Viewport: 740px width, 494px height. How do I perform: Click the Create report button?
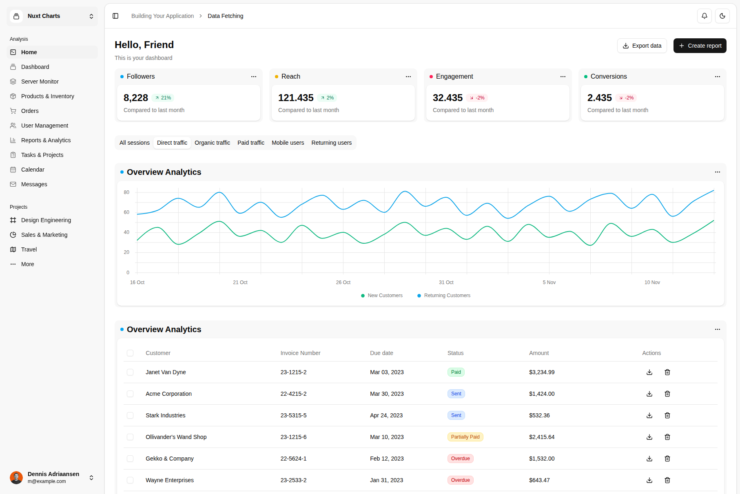(700, 46)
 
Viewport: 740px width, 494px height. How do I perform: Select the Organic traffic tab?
(212, 143)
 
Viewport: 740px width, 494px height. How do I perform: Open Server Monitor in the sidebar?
(40, 82)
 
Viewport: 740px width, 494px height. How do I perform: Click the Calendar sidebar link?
(33, 170)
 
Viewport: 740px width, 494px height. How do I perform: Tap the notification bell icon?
(704, 16)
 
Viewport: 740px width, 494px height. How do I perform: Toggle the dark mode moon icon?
(722, 16)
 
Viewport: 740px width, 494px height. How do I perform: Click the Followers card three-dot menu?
(254, 77)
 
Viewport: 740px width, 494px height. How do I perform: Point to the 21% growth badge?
(163, 98)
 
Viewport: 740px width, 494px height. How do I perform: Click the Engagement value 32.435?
(448, 98)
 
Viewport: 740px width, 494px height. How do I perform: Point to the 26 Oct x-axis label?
(343, 282)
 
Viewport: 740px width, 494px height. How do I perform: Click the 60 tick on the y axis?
(126, 212)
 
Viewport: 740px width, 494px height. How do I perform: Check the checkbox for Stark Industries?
(130, 415)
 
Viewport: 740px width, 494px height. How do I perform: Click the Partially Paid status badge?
(465, 437)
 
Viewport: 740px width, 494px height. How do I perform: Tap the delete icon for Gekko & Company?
(667, 459)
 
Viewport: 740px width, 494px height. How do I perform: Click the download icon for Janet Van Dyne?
(649, 372)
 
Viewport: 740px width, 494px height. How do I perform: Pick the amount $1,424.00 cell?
(542, 394)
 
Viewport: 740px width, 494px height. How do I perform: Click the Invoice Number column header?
(300, 353)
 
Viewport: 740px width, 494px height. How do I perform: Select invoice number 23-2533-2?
(293, 480)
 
